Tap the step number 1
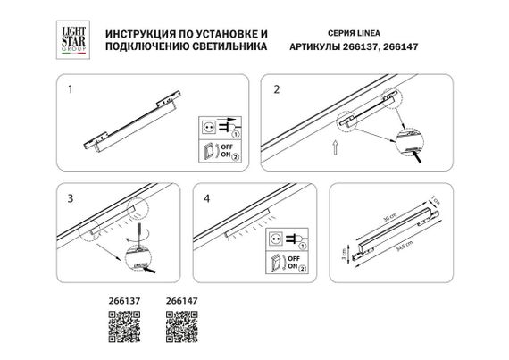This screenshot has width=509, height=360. (x=71, y=90)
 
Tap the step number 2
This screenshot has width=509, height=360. (x=277, y=90)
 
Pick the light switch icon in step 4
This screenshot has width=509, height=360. (x=276, y=263)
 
